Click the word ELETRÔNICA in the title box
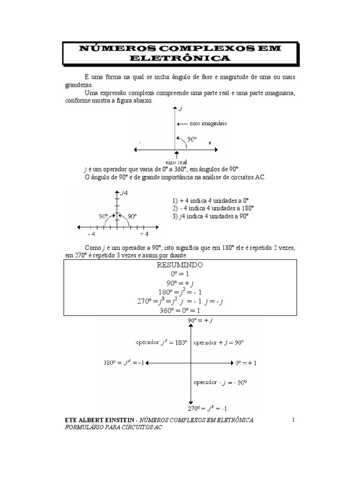click(x=180, y=58)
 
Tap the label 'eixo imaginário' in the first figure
click(x=208, y=124)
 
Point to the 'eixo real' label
click(x=176, y=162)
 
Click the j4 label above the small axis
click(x=124, y=192)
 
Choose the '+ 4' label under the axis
click(x=144, y=234)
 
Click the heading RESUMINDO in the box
click(x=180, y=265)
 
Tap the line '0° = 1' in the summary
click(x=180, y=274)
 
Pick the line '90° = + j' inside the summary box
click(x=180, y=284)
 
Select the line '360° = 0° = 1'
click(x=180, y=311)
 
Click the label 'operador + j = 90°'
click(x=219, y=343)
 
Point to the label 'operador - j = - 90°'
click(x=220, y=382)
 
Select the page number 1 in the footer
click(x=293, y=420)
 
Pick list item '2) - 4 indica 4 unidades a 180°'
click(x=213, y=208)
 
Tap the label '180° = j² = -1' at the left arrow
click(x=124, y=363)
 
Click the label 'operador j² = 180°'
click(x=161, y=343)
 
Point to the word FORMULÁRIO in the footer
click(x=83, y=428)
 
